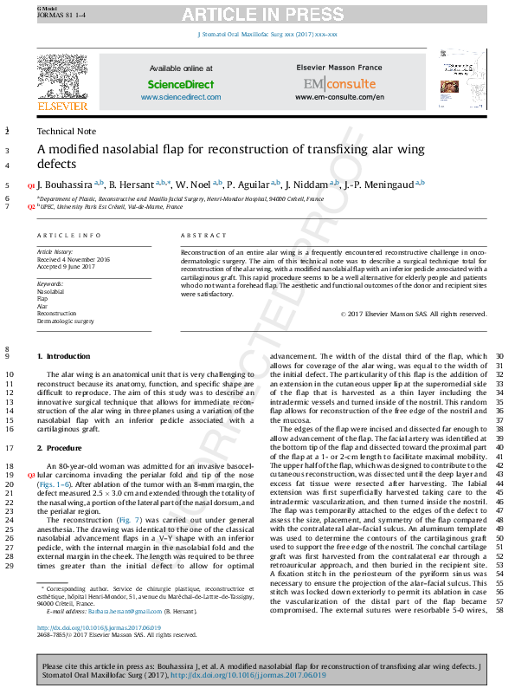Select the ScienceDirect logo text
(186, 85)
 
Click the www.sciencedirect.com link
(185, 97)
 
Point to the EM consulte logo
(339, 84)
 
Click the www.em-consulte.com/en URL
(339, 97)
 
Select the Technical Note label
(67, 131)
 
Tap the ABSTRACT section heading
(203, 236)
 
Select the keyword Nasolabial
(50, 293)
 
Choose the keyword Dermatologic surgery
(65, 321)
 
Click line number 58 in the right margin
(500, 612)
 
